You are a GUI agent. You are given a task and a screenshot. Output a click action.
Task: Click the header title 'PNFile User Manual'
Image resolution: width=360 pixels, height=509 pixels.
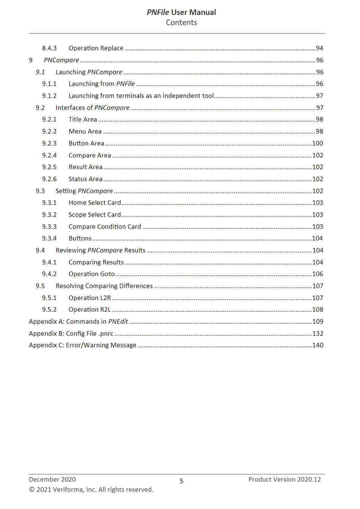181,12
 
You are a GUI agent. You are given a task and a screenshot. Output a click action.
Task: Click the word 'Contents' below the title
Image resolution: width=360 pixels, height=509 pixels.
181,23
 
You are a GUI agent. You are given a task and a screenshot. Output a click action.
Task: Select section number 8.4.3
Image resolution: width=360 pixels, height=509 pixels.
49,48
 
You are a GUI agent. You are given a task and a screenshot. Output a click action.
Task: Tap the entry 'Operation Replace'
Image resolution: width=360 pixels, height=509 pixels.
96,48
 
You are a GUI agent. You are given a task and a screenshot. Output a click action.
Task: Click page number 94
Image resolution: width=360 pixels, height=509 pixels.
319,48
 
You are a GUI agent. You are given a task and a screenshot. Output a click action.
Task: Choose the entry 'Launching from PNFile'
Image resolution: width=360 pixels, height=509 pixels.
102,84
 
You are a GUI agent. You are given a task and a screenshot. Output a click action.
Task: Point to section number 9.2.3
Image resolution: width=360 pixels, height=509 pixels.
49,144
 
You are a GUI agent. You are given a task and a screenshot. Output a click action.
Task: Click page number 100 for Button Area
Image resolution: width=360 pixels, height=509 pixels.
318,144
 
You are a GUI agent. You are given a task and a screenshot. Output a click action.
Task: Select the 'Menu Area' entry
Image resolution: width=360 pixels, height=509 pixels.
85,131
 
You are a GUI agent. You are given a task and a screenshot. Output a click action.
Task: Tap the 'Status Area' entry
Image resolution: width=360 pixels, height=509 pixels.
85,179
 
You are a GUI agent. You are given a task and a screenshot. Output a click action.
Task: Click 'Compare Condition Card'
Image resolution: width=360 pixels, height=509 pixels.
105,226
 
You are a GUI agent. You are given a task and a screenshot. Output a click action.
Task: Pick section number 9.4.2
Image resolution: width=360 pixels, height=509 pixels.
49,274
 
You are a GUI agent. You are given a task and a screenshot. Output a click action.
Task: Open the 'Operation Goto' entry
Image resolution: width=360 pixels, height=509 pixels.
92,274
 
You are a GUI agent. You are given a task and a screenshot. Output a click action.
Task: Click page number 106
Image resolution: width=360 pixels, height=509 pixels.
318,274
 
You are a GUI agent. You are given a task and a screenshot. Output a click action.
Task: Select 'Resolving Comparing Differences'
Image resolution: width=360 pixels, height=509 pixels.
104,286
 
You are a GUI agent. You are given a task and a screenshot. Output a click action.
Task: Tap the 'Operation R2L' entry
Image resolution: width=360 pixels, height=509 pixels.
90,309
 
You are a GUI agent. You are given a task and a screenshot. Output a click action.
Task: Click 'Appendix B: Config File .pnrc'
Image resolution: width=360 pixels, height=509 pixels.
71,334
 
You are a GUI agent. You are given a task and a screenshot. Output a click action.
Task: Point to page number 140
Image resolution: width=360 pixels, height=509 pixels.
318,345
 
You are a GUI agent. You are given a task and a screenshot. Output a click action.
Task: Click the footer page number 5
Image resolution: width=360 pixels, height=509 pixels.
182,481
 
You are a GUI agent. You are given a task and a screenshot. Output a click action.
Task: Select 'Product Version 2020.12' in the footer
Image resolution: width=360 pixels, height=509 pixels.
284,479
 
